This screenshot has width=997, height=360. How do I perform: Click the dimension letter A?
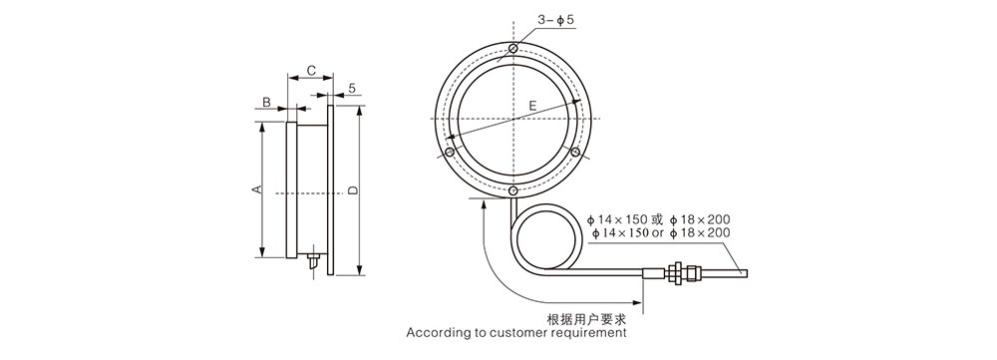click(x=256, y=189)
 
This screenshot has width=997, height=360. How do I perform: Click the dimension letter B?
click(x=266, y=102)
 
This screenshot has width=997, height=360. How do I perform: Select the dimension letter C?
click(x=311, y=71)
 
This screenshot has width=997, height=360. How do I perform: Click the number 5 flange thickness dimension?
click(x=353, y=89)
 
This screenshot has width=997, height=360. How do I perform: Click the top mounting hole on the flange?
click(x=512, y=49)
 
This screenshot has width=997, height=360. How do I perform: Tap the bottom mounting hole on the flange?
click(x=512, y=190)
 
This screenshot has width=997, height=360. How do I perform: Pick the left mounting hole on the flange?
click(x=450, y=153)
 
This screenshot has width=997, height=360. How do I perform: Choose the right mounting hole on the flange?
click(x=576, y=152)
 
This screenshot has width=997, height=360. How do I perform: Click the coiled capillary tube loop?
click(x=544, y=238)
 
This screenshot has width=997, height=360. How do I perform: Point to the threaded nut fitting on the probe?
click(x=676, y=269)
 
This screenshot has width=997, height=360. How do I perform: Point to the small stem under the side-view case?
click(x=312, y=264)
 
